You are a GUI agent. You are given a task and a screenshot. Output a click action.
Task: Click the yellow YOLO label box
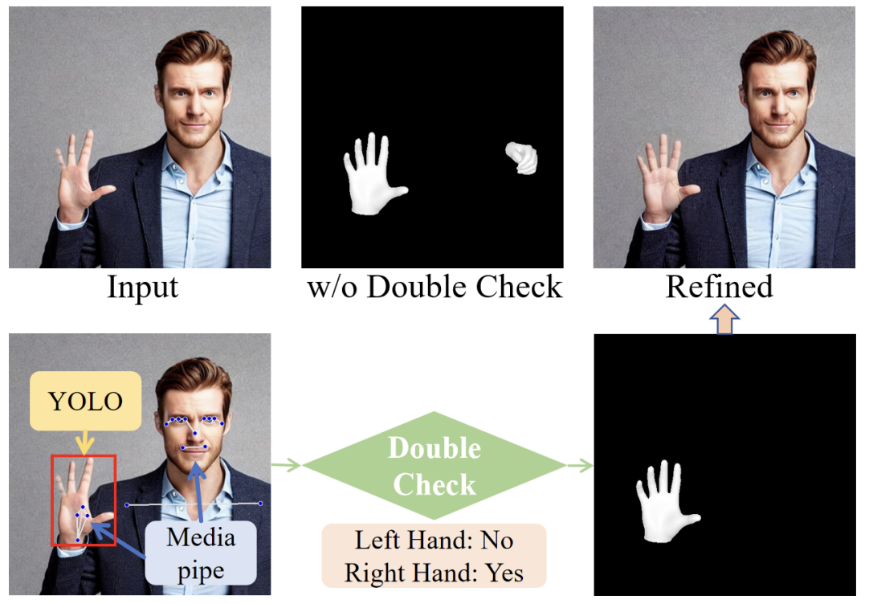pyautogui.click(x=86, y=400)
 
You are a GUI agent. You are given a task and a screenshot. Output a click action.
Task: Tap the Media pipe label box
pyautogui.click(x=201, y=553)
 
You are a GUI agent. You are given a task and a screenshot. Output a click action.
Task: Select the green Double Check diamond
pyautogui.click(x=434, y=465)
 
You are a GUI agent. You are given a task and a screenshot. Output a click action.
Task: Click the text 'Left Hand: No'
pyautogui.click(x=434, y=541)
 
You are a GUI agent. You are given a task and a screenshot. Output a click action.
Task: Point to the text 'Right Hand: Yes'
pyautogui.click(x=434, y=573)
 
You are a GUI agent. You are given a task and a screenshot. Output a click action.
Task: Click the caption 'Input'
pyautogui.click(x=142, y=287)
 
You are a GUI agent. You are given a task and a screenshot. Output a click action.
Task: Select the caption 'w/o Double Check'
pyautogui.click(x=434, y=287)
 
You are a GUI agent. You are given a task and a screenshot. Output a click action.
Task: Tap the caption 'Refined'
pyautogui.click(x=720, y=287)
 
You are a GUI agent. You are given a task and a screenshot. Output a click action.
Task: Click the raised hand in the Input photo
pyautogui.click(x=80, y=181)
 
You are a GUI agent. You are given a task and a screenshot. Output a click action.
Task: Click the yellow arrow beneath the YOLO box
pyautogui.click(x=84, y=441)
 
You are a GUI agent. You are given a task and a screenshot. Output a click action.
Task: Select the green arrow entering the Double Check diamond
pyautogui.click(x=286, y=464)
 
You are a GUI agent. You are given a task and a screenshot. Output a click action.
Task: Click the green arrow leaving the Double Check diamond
pyautogui.click(x=580, y=465)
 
